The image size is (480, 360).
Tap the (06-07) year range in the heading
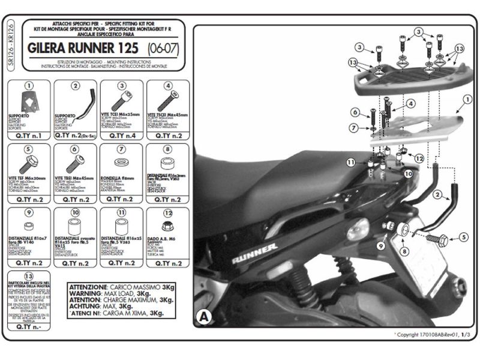pos(162,47)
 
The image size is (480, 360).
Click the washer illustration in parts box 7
pos(123,163)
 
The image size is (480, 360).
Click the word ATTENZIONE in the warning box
pos(91,287)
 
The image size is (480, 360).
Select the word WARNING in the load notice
pos(86,294)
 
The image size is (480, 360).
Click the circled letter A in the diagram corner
pos(204,315)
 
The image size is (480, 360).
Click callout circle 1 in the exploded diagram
pos(460,109)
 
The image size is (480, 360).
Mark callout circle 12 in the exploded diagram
pos(419,157)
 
